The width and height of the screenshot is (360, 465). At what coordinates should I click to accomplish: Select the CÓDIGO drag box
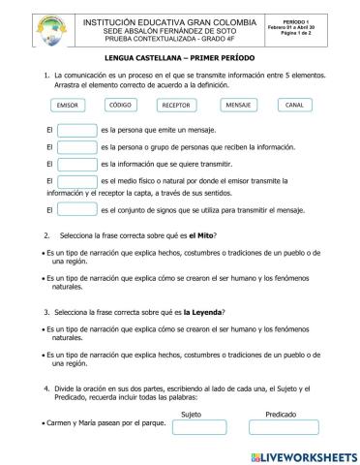pos(121,104)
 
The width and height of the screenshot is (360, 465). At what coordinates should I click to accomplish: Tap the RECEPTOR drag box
pos(176,105)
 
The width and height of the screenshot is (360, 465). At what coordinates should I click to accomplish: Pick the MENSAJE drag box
pos(237,104)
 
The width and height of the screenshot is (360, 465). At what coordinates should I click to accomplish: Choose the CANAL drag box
pos(294,104)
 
